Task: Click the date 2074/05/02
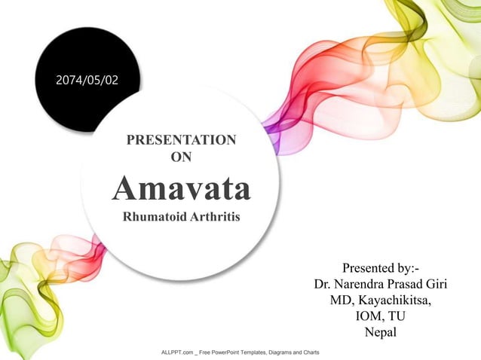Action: (x=87, y=81)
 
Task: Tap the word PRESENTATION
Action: (x=181, y=140)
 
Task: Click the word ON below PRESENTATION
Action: (x=182, y=157)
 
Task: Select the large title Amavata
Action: (x=181, y=188)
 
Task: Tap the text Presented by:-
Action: (x=381, y=268)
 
